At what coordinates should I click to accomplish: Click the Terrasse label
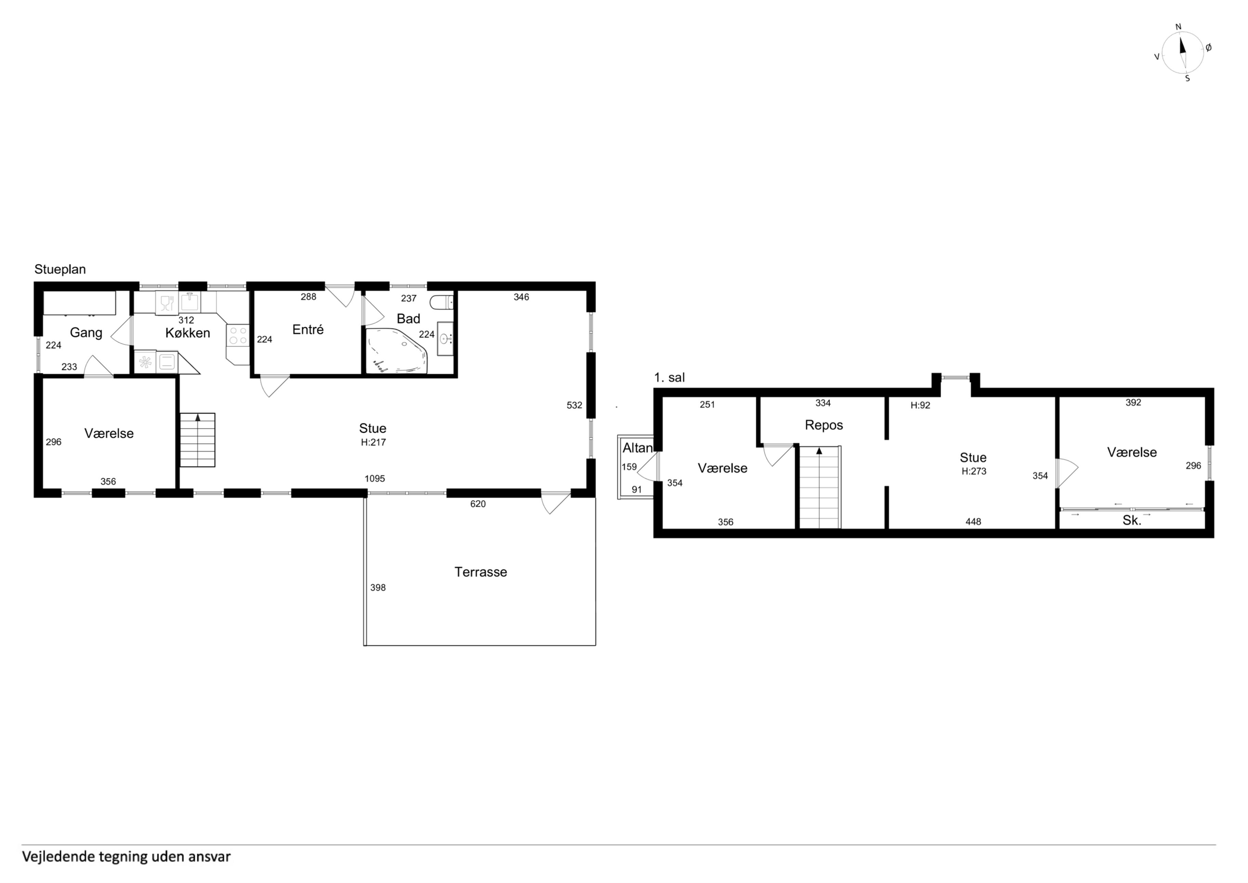[481, 572]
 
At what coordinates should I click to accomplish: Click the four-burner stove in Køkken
[237, 335]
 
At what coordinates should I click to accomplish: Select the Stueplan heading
[60, 269]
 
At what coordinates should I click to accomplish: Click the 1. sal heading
[669, 378]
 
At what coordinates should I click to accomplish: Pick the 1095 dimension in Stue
[375, 479]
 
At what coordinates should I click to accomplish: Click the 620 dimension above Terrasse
[478, 504]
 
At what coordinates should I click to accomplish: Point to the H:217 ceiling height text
[374, 442]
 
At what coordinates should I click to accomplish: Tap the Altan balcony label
[637, 448]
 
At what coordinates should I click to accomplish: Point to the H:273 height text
[974, 471]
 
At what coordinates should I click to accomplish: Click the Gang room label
[86, 332]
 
